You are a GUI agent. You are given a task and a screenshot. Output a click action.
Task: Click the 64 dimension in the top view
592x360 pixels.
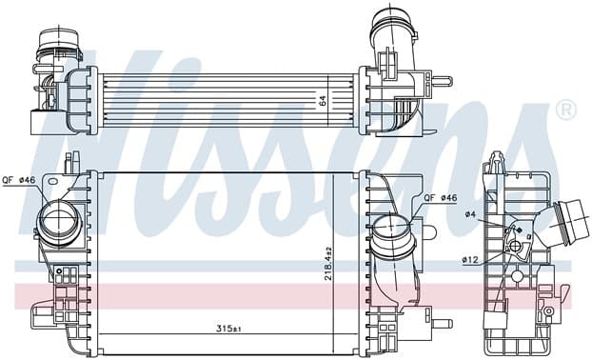pos(322,101)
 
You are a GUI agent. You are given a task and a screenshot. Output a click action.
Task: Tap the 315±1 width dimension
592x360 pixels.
pos(228,329)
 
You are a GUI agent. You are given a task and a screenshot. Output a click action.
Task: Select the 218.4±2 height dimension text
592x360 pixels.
pos(327,264)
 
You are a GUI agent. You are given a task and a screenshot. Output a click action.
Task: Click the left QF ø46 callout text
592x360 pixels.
pos(18,180)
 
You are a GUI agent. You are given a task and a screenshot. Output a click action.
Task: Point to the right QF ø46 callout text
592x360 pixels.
pos(441,197)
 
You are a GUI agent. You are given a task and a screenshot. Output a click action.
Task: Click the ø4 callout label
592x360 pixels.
pos(470,214)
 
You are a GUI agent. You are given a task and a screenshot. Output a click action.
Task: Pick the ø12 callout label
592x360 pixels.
pos(469,259)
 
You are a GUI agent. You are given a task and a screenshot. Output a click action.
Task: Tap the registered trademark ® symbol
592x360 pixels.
pos(566,110)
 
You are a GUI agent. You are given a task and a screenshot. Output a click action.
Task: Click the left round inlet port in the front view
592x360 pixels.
pos(58,220)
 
